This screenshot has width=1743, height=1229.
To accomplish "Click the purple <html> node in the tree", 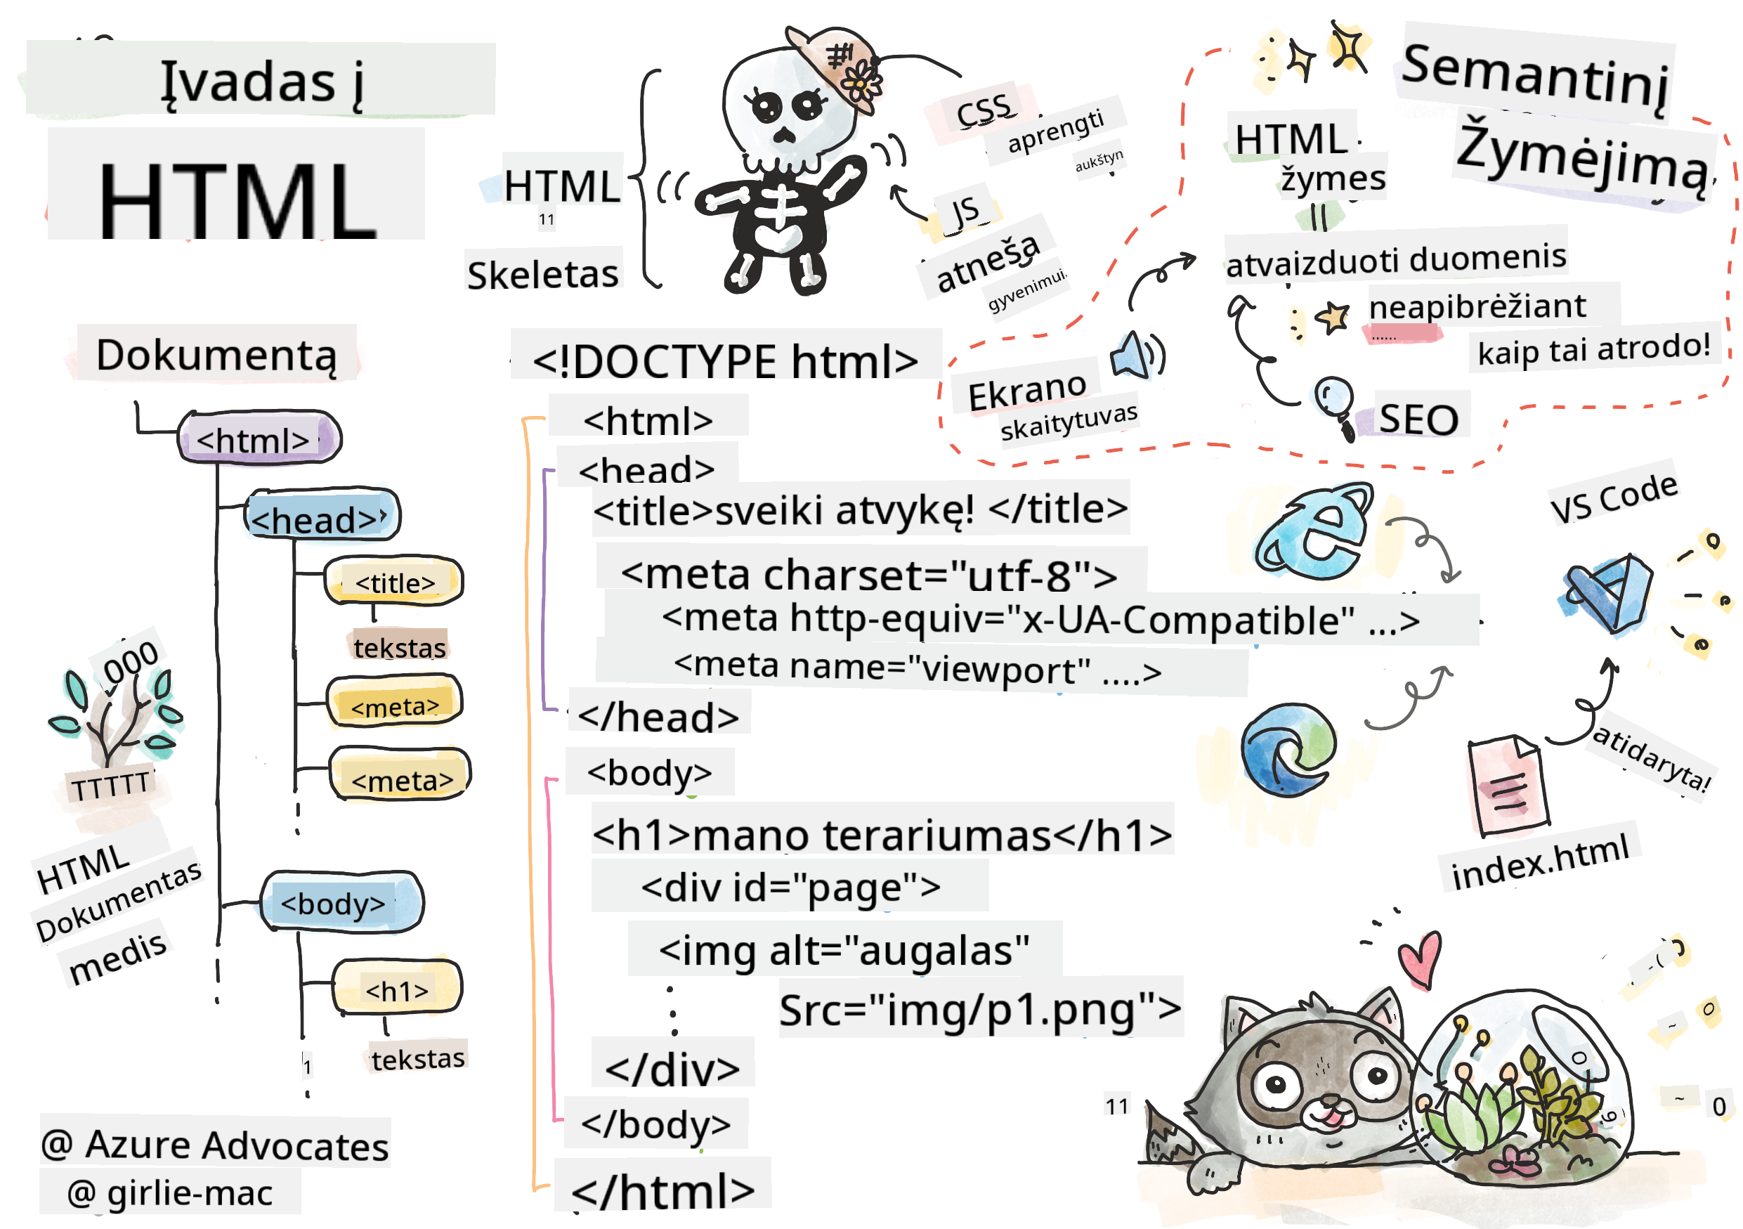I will (259, 438).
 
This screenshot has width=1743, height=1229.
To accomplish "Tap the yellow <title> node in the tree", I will (394, 582).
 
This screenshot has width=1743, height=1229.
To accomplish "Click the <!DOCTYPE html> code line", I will (725, 360).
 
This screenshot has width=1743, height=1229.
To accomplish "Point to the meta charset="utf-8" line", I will (869, 575).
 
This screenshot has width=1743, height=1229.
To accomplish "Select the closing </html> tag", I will (662, 1190).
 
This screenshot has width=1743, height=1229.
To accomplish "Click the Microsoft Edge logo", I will (1288, 749).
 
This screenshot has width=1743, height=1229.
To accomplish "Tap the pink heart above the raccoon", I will (1420, 958).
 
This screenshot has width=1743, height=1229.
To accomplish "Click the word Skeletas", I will (543, 274).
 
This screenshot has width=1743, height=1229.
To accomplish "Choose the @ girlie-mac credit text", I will (170, 1192).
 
